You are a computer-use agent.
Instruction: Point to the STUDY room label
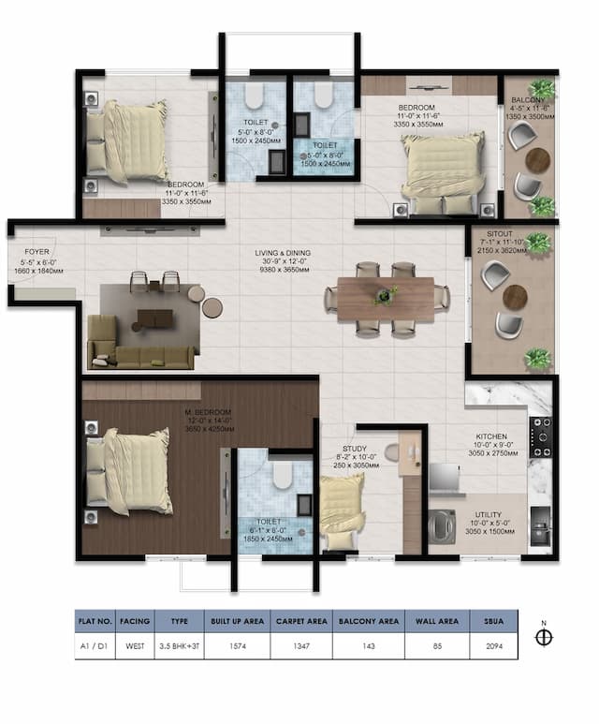point(354,449)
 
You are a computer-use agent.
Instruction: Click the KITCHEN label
point(491,436)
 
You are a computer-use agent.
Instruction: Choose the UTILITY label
point(488,515)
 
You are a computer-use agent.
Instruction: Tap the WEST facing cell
point(135,646)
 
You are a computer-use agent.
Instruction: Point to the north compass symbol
point(544,638)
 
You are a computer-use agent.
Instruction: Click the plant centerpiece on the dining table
point(382,296)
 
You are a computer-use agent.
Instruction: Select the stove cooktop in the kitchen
point(541,436)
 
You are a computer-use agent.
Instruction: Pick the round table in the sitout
point(515,296)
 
